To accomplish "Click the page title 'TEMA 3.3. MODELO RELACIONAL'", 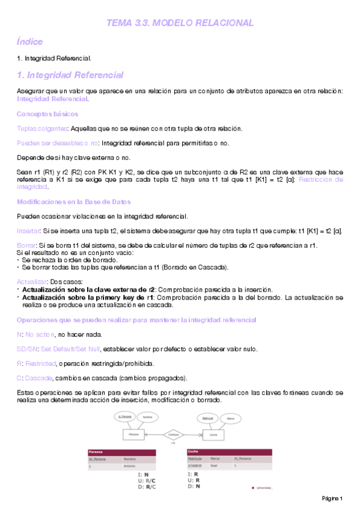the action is click(x=180, y=23).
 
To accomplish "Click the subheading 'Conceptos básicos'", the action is click(x=47, y=113).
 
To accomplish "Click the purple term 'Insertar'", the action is click(x=28, y=230).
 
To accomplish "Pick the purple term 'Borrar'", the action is click(x=26, y=245).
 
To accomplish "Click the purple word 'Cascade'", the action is click(x=38, y=378).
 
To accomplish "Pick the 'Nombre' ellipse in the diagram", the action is click(x=145, y=417).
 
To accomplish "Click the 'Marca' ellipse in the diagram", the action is click(x=230, y=417).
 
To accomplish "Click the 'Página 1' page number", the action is click(x=331, y=499).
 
